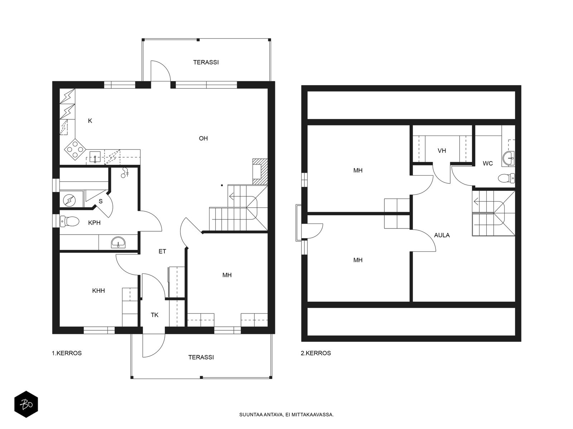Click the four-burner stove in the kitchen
click(75, 149)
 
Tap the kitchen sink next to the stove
click(95, 157)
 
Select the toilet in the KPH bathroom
click(69, 221)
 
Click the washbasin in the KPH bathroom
click(118, 242)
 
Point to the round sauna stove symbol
click(69, 200)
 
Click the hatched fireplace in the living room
click(260, 172)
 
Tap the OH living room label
click(203, 138)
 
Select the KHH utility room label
click(98, 291)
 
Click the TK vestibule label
click(155, 315)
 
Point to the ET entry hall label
click(162, 251)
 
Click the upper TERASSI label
click(206, 62)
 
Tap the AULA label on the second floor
click(442, 235)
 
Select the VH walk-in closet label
click(442, 151)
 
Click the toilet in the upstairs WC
click(506, 178)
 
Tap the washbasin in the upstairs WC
click(508, 158)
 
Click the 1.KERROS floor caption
click(67, 353)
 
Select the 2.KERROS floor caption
click(316, 353)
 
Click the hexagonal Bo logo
click(26, 405)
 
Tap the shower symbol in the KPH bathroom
click(125, 173)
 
